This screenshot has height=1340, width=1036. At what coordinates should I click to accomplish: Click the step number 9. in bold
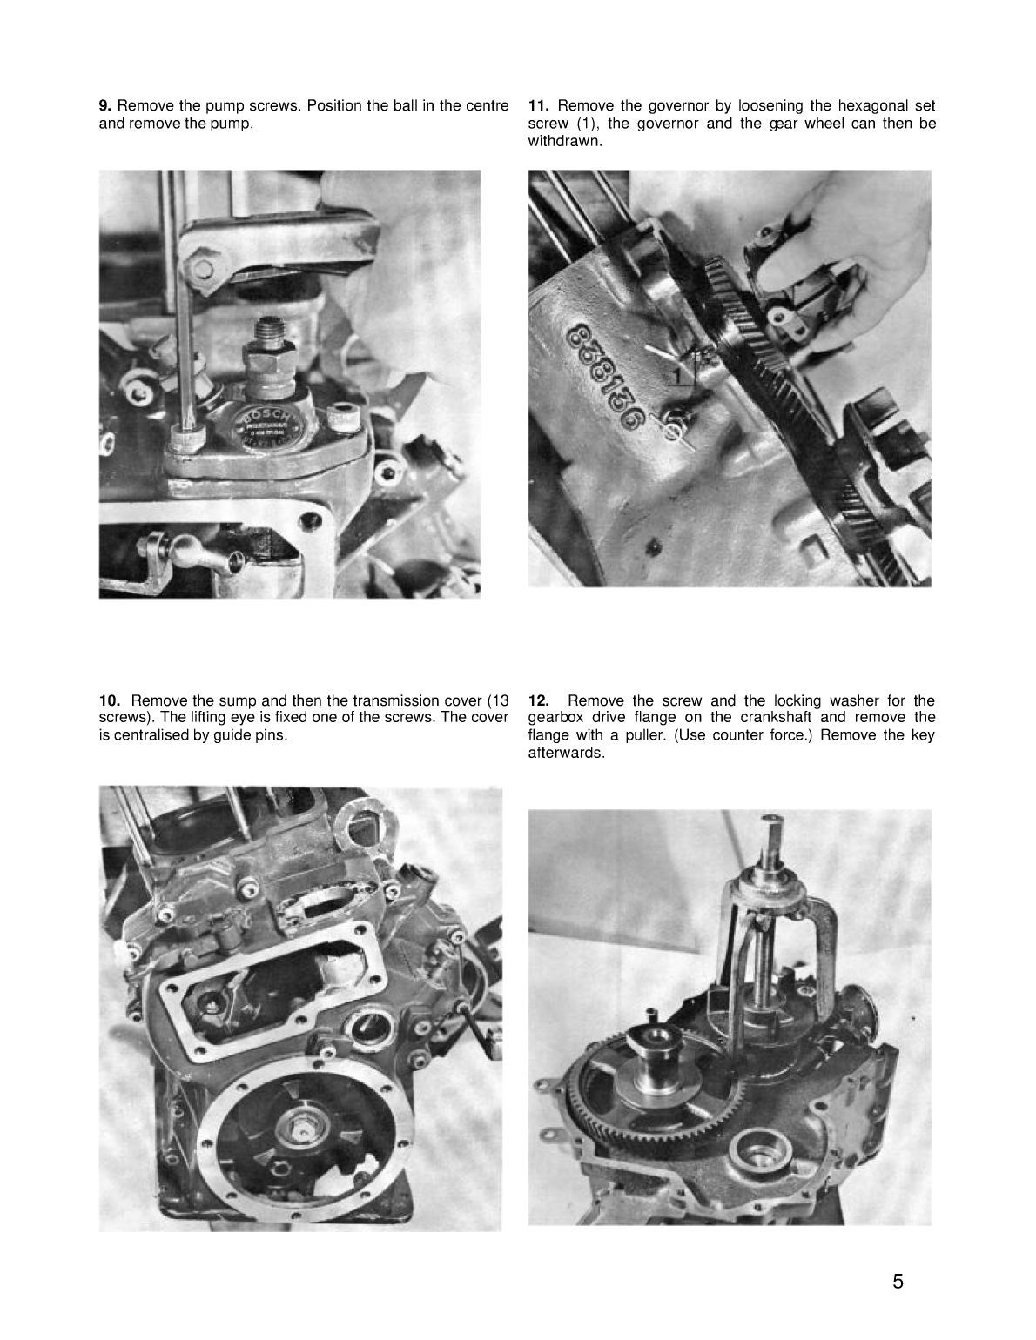(x=105, y=106)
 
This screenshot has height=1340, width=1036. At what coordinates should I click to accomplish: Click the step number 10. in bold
(x=110, y=700)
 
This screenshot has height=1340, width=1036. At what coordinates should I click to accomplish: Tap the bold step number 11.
(x=538, y=106)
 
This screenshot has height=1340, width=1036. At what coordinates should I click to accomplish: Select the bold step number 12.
(x=538, y=700)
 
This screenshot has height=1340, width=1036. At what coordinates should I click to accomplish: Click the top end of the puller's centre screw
(x=771, y=821)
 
